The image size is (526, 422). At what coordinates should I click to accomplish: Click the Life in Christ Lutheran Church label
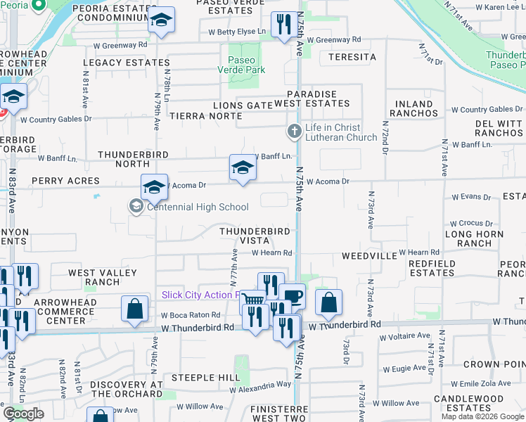click(334, 132)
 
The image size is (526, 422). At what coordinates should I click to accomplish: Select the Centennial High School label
click(198, 207)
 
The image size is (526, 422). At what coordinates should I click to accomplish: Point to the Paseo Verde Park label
click(242, 65)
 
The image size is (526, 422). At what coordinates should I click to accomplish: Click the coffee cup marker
click(292, 296)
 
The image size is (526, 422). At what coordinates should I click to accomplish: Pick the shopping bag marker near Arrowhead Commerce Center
click(134, 308)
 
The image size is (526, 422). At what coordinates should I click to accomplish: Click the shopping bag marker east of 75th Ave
click(328, 302)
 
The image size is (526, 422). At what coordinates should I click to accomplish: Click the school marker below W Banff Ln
click(243, 167)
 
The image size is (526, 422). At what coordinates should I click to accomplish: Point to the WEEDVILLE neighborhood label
click(369, 256)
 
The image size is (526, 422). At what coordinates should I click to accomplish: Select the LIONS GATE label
click(243, 105)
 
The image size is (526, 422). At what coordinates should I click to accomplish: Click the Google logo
click(23, 414)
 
